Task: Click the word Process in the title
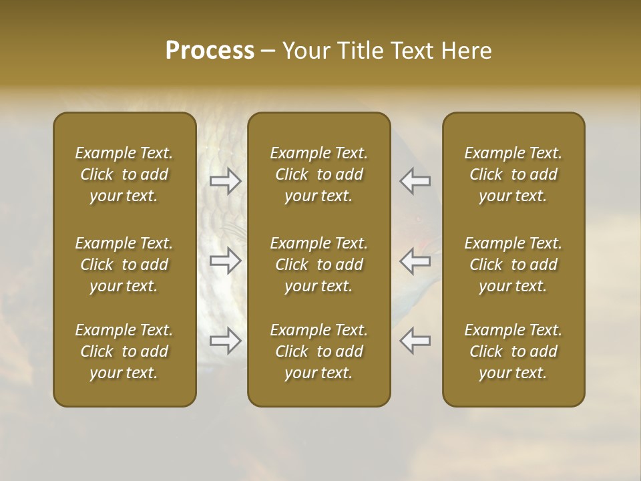pos(210,51)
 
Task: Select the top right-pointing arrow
pos(226,180)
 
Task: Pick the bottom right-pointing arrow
pos(226,341)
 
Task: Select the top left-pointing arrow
pos(415,180)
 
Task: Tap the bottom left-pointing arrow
pos(415,341)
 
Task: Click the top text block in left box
pos(124,174)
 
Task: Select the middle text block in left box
pos(124,265)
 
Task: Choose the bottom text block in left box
pos(124,351)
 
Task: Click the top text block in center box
pos(318,174)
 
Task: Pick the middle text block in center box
pos(318,265)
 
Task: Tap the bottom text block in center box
pos(318,351)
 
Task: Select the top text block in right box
pos(513,174)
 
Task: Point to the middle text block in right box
pos(513,265)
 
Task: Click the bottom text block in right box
pos(513,351)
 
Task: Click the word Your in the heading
pos(305,51)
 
